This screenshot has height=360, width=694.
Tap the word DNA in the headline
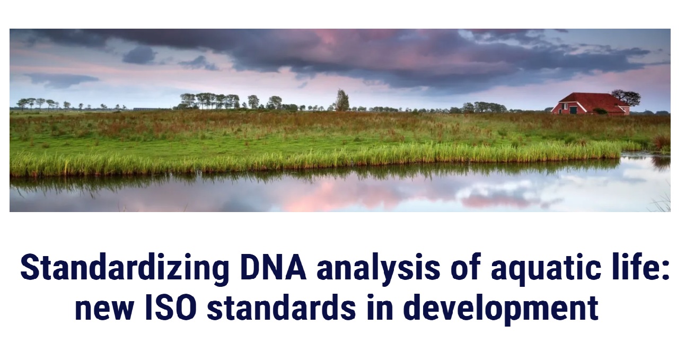[273, 267]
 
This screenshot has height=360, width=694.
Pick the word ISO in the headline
[171, 308]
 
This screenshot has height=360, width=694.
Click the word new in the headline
[104, 311]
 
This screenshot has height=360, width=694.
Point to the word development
[500, 310]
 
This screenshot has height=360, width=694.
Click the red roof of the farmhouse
[592, 101]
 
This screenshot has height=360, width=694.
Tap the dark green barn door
[573, 110]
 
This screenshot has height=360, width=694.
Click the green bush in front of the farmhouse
[600, 111]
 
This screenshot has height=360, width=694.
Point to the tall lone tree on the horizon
[342, 100]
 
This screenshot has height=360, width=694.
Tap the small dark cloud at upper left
[139, 55]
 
